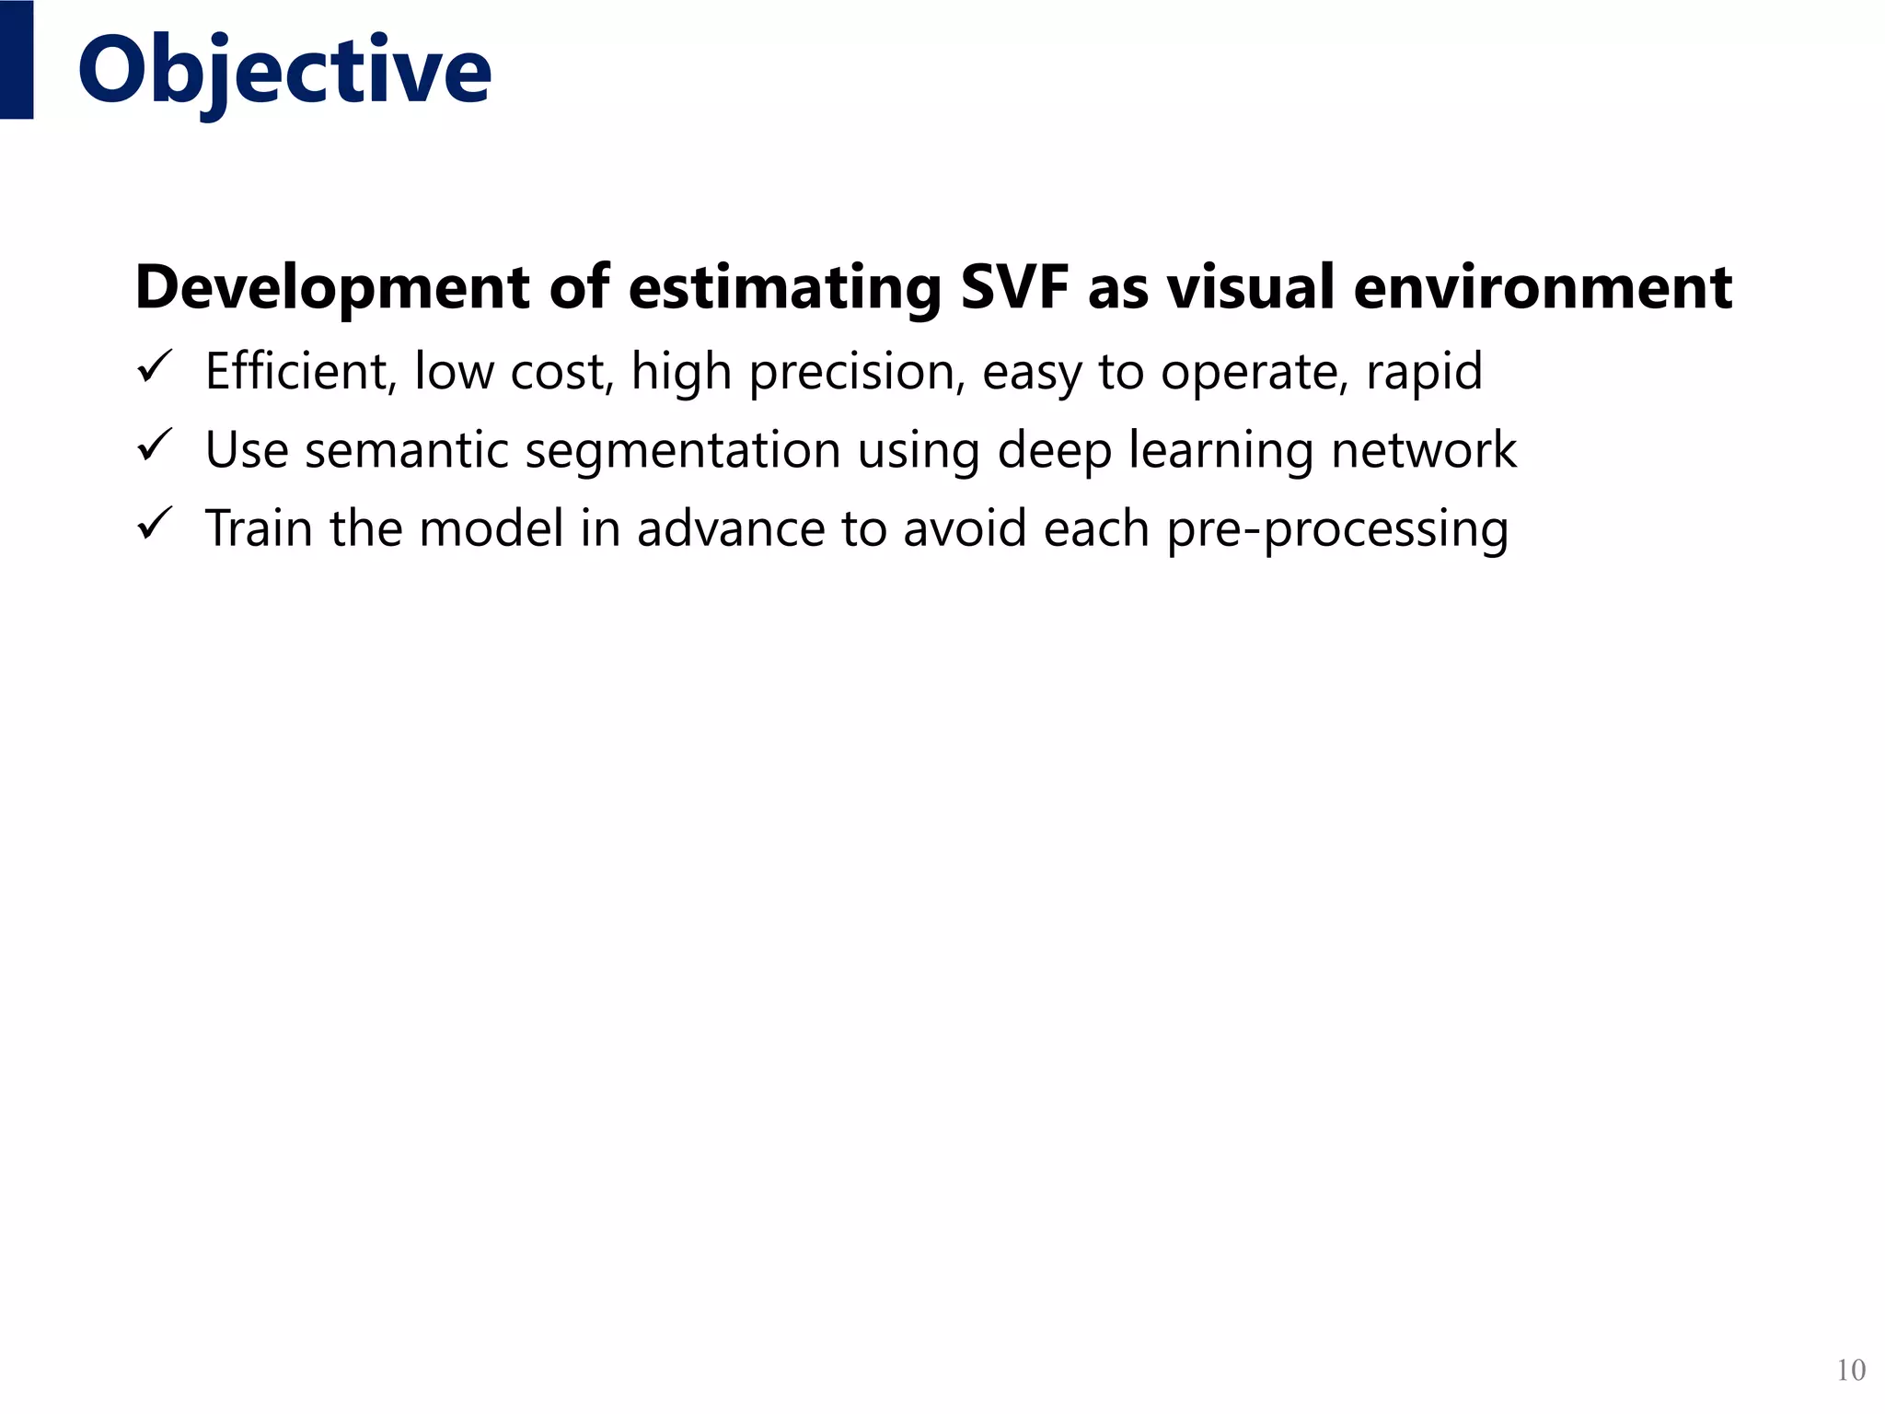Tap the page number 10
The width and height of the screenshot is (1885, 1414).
click(1850, 1371)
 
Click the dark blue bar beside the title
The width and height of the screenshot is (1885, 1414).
click(17, 60)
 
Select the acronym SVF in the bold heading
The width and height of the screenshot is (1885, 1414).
click(1013, 286)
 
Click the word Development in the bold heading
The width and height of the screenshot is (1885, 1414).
click(332, 288)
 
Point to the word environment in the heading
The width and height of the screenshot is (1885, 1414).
click(1543, 286)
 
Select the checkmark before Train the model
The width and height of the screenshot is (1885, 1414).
click(154, 525)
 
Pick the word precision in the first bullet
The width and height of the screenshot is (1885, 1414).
click(857, 373)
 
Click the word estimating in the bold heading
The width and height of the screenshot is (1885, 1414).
click(785, 288)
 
